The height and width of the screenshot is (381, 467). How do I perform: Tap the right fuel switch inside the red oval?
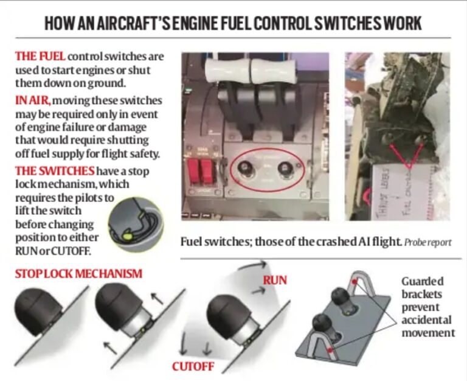pyautogui.click(x=283, y=169)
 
